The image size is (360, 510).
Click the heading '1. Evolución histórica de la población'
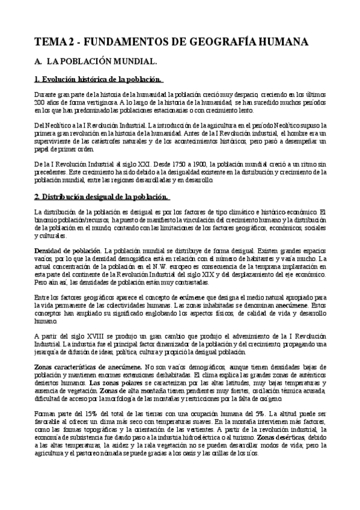point(98,79)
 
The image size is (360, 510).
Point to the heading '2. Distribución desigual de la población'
point(102,197)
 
